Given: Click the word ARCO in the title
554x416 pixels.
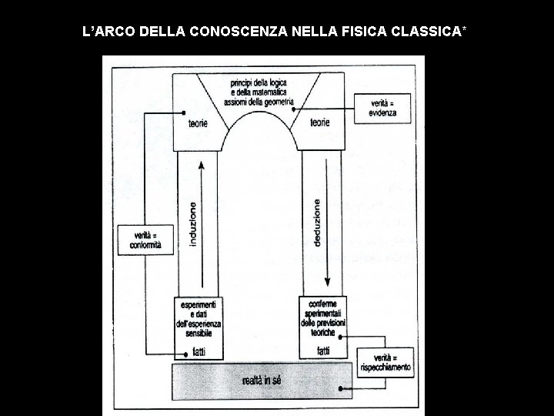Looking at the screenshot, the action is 119,32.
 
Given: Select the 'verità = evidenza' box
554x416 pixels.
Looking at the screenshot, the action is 382,107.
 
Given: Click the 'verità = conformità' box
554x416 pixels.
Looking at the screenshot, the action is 142,240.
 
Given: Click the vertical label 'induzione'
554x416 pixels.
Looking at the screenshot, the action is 192,224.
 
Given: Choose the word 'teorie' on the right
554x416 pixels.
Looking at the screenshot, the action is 319,122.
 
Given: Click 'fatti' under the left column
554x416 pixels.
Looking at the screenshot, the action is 199,351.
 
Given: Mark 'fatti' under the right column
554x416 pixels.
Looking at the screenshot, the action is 323,351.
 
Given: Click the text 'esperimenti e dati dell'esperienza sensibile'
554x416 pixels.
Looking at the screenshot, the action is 199,317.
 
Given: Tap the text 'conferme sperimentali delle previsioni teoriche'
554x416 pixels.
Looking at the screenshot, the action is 323,317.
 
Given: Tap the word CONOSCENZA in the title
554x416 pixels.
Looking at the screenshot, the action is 232,32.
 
